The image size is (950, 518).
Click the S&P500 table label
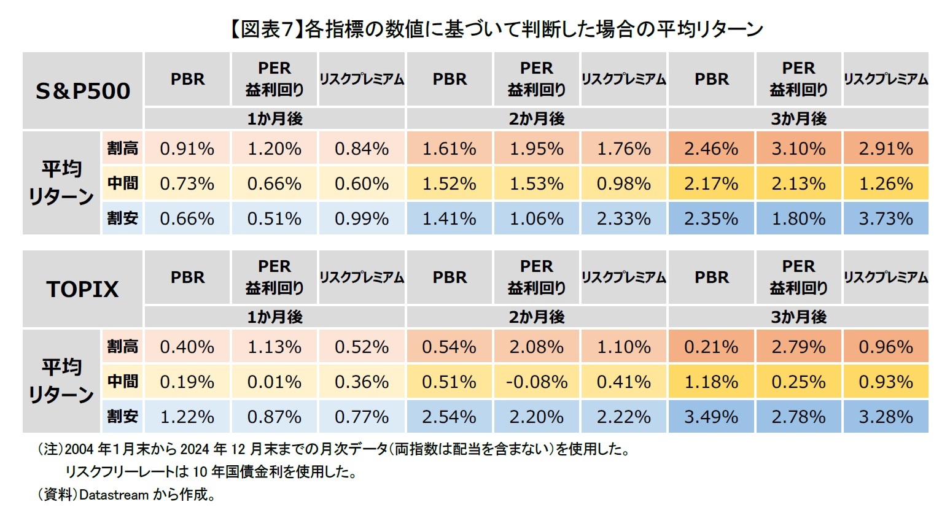(83, 91)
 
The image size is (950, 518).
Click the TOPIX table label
(83, 288)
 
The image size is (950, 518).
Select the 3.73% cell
(886, 218)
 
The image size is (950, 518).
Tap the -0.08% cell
(536, 382)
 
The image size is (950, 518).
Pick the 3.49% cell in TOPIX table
(711, 417)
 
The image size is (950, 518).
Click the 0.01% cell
(274, 382)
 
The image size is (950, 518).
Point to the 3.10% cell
(798, 149)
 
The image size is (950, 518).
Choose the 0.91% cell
(187, 149)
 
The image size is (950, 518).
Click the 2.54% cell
(449, 417)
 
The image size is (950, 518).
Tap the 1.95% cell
(536, 149)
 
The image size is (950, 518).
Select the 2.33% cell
(623, 218)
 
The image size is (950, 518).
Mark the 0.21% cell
(711, 347)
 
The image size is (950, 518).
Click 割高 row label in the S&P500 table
(122, 148)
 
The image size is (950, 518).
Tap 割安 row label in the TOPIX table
(122, 416)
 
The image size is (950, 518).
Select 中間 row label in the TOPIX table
(122, 381)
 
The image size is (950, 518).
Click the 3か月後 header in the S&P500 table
(798, 118)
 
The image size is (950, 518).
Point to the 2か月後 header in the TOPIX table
(536, 317)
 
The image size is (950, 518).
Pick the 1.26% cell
(886, 184)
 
